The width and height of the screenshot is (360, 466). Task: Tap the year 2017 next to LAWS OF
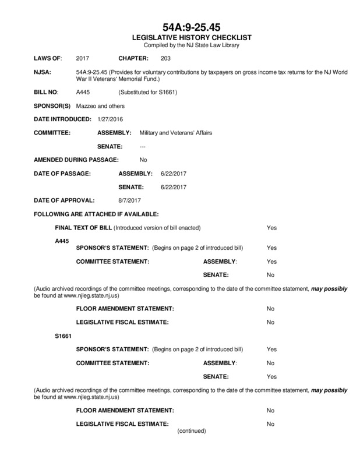(83, 59)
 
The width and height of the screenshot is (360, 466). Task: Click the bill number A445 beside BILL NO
(83, 93)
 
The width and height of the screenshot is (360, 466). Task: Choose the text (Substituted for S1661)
(147, 93)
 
